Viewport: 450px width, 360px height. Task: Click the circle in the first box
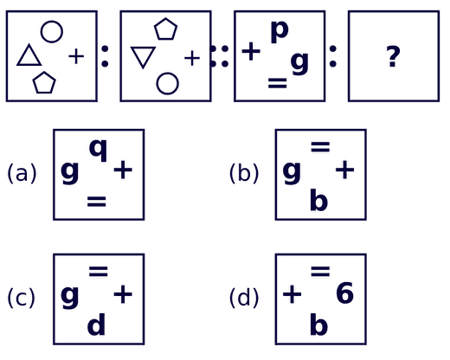pos(52,22)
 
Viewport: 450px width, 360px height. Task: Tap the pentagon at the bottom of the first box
pos(44,72)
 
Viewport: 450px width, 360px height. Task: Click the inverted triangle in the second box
pos(143,48)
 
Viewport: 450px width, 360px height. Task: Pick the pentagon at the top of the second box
pos(165,19)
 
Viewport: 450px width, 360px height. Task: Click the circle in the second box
pos(167,74)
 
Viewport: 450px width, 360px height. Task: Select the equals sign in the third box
pos(278,83)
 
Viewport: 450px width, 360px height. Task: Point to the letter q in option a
pos(99,149)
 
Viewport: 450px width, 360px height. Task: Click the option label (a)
pos(22,173)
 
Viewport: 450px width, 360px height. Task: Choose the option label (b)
pos(244,173)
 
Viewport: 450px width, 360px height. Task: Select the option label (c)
pos(21,298)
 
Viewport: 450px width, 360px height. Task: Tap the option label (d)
pos(244,298)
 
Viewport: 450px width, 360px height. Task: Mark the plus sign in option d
pos(292,294)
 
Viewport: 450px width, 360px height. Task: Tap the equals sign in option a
pos(97,202)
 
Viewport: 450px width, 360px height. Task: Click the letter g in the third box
pos(299,62)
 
